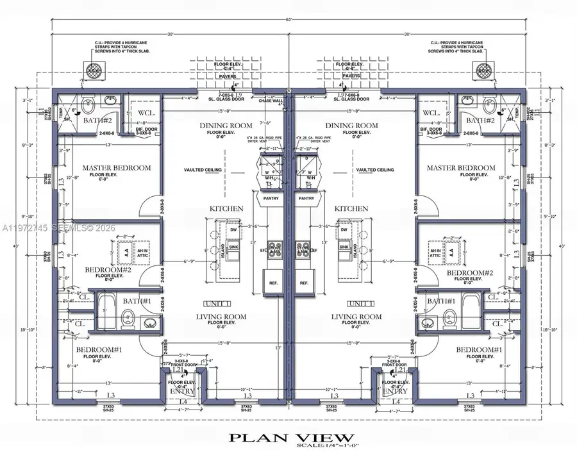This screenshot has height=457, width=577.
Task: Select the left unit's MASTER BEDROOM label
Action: (x=117, y=168)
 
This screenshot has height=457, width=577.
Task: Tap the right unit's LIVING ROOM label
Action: (x=357, y=317)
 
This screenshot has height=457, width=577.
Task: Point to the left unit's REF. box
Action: (x=271, y=283)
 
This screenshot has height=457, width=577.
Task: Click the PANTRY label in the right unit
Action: (x=307, y=199)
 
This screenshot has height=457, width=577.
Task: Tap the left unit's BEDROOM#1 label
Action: (x=99, y=349)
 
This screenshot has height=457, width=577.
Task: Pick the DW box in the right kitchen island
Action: (x=344, y=229)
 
